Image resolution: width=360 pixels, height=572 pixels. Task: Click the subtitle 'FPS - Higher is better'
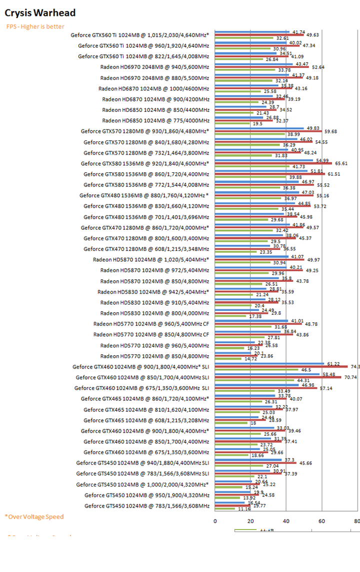point(35,26)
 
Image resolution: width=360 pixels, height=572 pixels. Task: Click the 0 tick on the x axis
point(215,521)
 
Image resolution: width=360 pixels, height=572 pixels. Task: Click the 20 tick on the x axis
point(250,521)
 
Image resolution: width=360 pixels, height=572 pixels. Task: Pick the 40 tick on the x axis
point(286,521)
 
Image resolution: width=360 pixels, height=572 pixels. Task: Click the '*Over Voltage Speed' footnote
point(34,517)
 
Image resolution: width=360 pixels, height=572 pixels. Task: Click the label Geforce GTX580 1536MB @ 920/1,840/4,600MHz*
point(145,163)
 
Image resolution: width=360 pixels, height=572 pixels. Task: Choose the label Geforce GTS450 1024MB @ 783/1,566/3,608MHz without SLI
point(146,506)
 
